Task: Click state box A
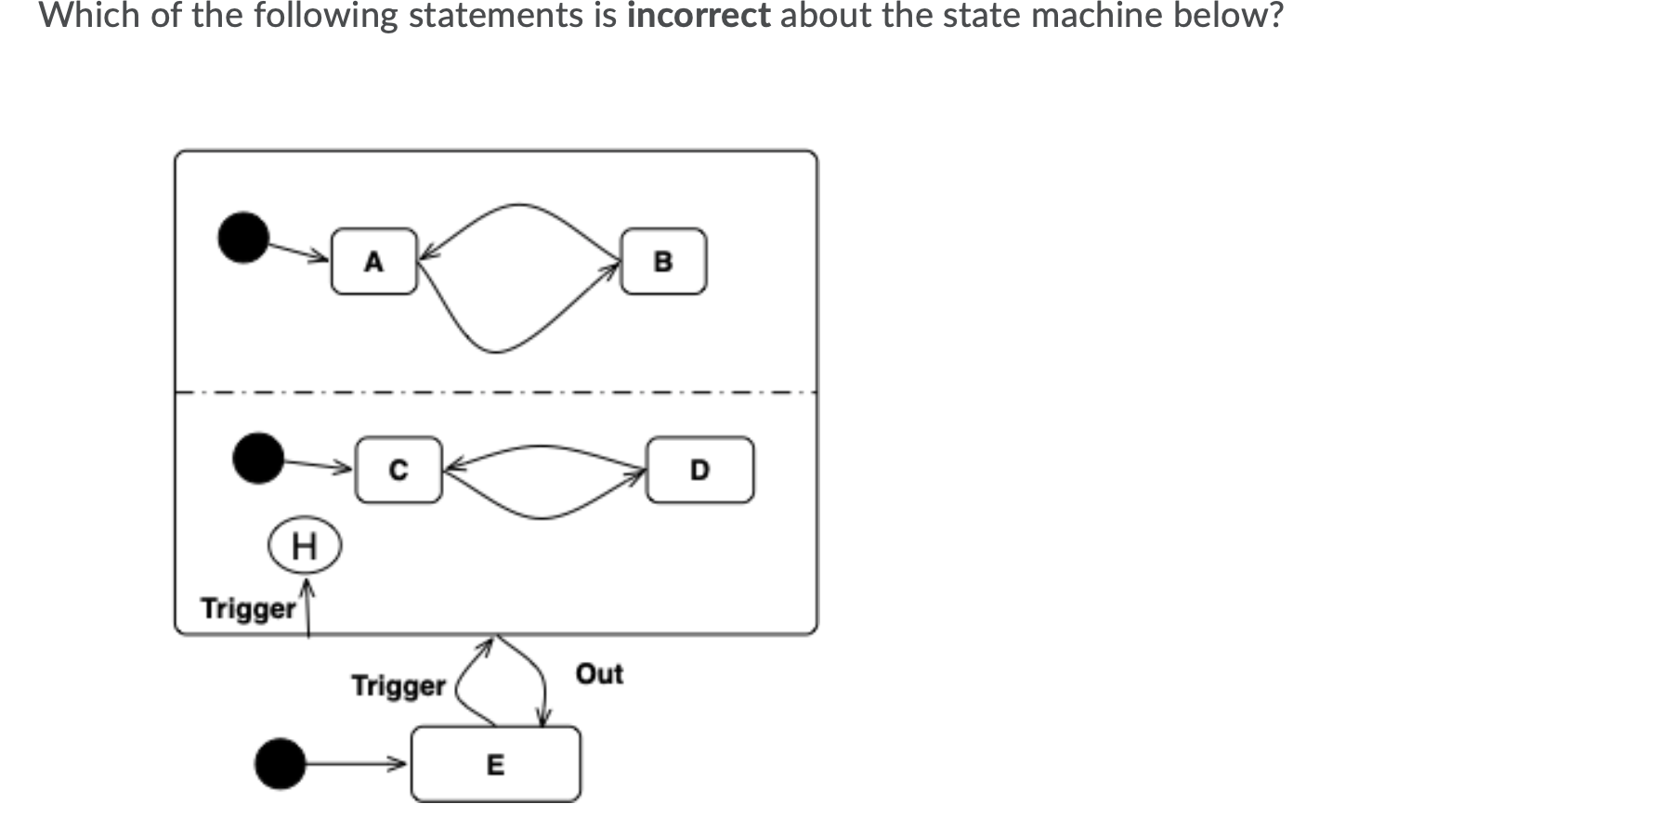coord(373,262)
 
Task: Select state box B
coord(663,262)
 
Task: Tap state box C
coord(398,471)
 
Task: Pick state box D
coord(699,471)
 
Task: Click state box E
coord(495,765)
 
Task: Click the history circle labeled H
coord(305,546)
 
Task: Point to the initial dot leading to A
coord(243,237)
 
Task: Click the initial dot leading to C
coord(258,458)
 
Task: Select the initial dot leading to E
coord(280,763)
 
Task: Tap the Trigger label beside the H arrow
coord(247,609)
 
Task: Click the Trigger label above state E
coord(398,686)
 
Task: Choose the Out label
coord(599,674)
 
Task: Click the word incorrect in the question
coord(699,16)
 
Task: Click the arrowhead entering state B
coord(614,268)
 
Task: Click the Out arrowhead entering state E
coord(544,720)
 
